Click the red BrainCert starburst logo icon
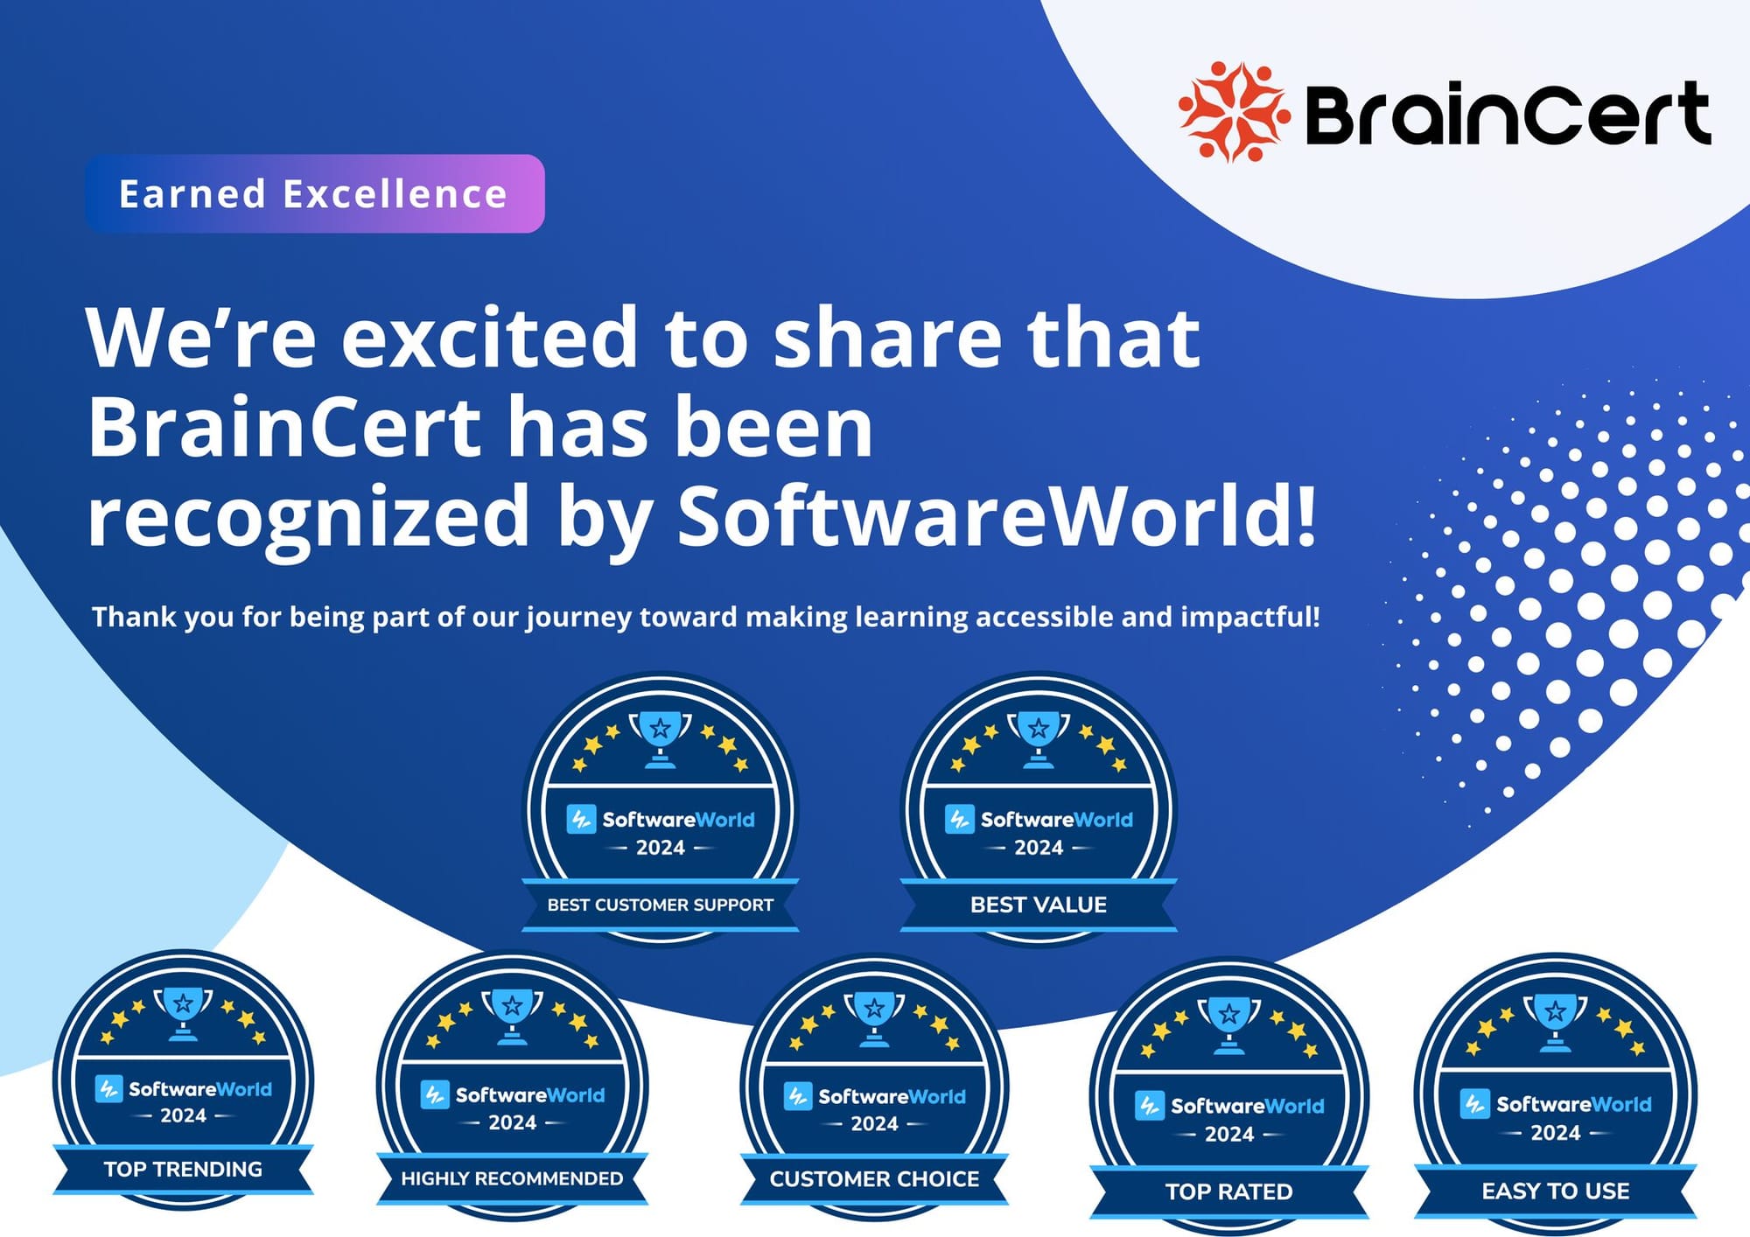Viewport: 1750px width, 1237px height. [x=1233, y=112]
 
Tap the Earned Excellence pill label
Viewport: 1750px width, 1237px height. [x=314, y=194]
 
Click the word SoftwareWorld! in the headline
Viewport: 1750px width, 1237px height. [x=997, y=516]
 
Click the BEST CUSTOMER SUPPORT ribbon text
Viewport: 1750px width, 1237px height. [x=661, y=905]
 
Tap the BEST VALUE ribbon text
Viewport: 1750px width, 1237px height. [x=1039, y=905]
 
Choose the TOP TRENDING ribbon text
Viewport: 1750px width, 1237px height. [x=183, y=1169]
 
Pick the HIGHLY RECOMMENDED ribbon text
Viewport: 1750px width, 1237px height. [x=512, y=1178]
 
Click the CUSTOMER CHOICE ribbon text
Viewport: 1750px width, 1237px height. [x=874, y=1178]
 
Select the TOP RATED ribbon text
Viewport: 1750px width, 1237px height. [x=1228, y=1192]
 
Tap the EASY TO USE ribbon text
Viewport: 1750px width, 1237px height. [x=1555, y=1191]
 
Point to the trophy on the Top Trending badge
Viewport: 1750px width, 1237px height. [x=183, y=1011]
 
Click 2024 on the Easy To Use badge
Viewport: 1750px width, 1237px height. [x=1555, y=1133]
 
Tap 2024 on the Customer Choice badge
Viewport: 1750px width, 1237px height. [x=874, y=1123]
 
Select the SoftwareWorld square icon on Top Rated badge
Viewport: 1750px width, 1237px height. [x=1149, y=1105]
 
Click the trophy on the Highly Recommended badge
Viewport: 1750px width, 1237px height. [x=512, y=1015]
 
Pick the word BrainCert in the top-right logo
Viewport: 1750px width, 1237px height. [x=1507, y=114]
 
